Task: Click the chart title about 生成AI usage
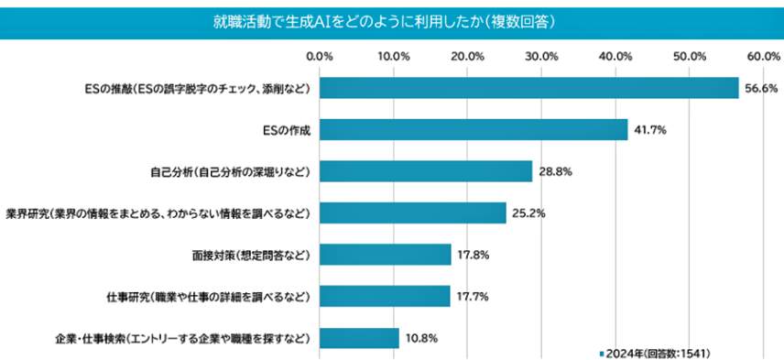coord(391,19)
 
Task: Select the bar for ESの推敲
coord(528,88)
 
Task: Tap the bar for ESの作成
coord(474,130)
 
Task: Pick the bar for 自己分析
coord(426,171)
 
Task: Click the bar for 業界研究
coord(412,213)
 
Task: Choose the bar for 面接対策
coord(386,255)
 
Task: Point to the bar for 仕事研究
coord(385,297)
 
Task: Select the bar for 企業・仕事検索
coord(359,338)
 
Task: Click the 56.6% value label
coord(761,89)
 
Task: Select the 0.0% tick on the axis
coord(320,57)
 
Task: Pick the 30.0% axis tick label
coord(541,57)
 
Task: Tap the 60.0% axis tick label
coord(762,57)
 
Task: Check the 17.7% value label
coord(474,297)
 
